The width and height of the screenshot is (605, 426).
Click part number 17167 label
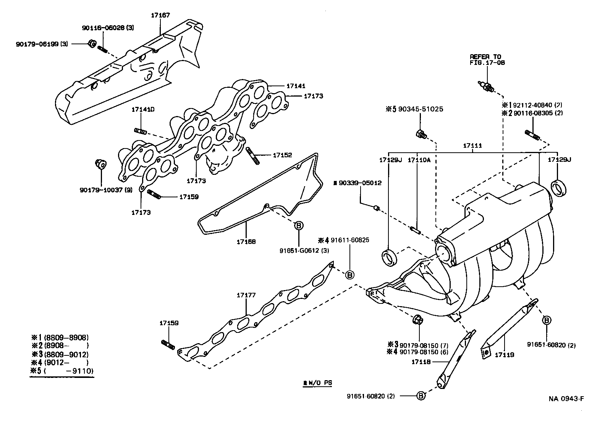(x=160, y=15)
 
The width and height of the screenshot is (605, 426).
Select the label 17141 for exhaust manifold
(x=298, y=86)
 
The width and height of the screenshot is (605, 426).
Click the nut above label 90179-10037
(x=100, y=164)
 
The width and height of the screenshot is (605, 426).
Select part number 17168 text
(x=246, y=242)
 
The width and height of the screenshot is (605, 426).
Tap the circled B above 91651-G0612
(x=299, y=225)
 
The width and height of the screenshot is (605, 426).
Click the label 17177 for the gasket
(x=246, y=295)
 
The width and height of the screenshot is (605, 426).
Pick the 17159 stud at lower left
(x=168, y=344)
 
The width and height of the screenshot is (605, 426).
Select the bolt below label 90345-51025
(x=421, y=134)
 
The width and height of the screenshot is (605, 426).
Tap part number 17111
(x=472, y=146)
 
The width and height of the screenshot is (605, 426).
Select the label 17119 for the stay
(x=504, y=355)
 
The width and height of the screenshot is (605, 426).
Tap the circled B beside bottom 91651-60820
(x=420, y=396)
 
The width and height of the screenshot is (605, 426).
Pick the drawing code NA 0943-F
(x=566, y=399)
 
